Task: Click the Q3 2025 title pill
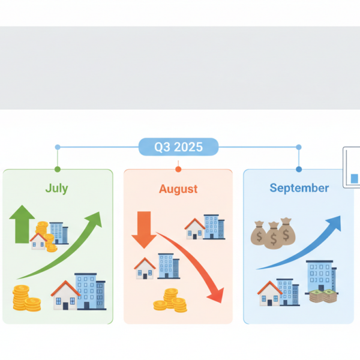click(x=178, y=147)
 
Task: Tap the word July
click(x=56, y=188)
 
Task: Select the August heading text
click(x=178, y=189)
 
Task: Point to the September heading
click(x=299, y=188)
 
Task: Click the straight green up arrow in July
click(x=22, y=224)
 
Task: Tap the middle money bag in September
click(x=274, y=235)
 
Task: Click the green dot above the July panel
click(x=58, y=169)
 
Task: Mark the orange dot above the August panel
click(x=178, y=169)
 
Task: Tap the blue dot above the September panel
click(x=299, y=169)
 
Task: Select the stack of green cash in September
click(x=322, y=297)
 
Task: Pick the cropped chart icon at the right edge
click(x=352, y=168)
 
